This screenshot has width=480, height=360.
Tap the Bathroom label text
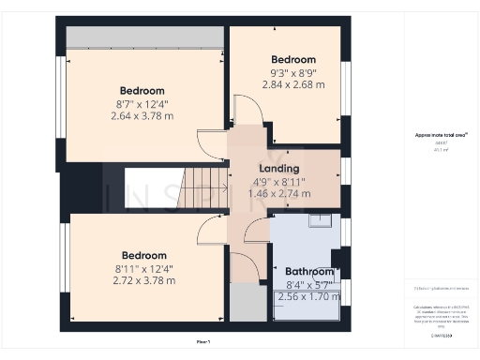[x=309, y=272]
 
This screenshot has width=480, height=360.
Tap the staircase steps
[x=204, y=187]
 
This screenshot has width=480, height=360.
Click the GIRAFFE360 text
[x=442, y=335]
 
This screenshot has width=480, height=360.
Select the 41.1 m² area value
[x=440, y=149]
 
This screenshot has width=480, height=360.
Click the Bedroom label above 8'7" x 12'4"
[x=142, y=91]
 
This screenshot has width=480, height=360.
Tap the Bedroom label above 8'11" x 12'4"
[x=143, y=255]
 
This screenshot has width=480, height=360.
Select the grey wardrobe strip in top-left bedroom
[x=143, y=37]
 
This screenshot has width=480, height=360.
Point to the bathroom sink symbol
[x=321, y=221]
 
